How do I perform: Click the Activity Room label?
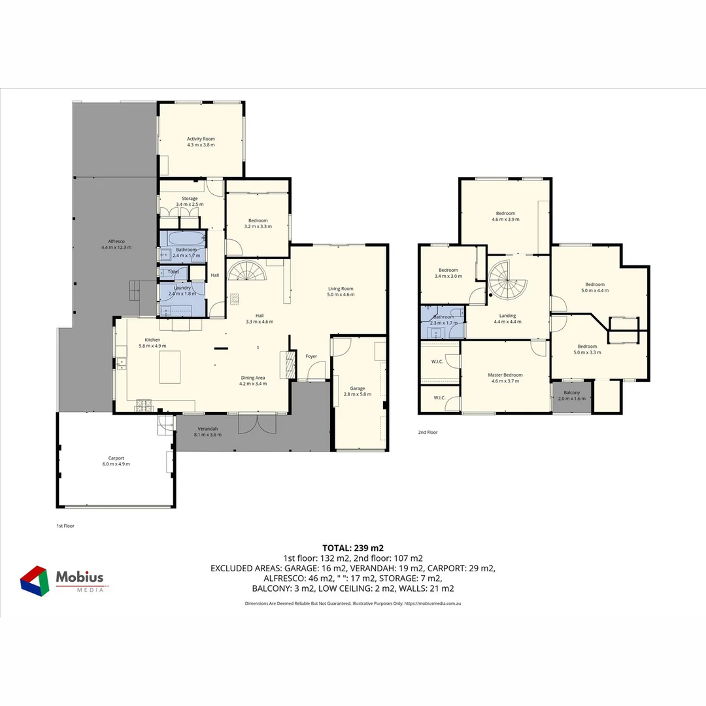[201, 139]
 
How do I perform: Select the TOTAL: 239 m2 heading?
[353, 548]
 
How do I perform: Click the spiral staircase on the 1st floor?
[247, 271]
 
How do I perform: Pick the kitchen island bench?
[171, 367]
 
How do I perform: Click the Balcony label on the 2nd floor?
[571, 392]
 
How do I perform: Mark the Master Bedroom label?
[505, 375]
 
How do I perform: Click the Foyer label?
[311, 356]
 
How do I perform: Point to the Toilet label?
[173, 271]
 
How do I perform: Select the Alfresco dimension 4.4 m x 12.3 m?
[116, 247]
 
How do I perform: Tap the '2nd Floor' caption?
[428, 432]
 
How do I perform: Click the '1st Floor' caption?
[65, 525]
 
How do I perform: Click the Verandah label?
[207, 429]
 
